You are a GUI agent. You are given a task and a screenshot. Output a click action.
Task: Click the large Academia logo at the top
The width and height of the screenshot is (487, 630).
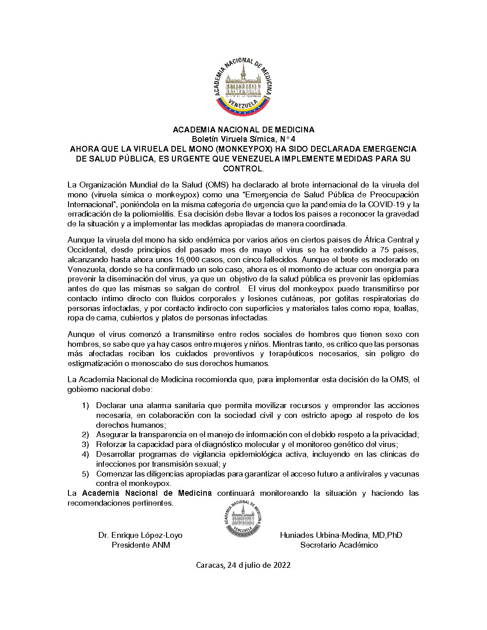(243, 87)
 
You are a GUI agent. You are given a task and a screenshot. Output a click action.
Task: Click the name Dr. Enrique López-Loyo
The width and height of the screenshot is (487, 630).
(140, 535)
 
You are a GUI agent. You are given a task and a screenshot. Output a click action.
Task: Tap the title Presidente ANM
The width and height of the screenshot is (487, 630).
(141, 545)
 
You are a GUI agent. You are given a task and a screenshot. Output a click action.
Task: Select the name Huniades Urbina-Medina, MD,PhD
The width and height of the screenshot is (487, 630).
(341, 535)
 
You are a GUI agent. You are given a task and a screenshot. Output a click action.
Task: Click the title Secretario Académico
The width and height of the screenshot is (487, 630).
(339, 545)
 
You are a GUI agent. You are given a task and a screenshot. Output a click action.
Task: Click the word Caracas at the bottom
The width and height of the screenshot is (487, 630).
(210, 565)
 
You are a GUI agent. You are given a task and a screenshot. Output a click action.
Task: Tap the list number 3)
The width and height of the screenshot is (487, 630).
(85, 444)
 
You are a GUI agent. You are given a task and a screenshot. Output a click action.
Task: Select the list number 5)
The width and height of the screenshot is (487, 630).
(85, 474)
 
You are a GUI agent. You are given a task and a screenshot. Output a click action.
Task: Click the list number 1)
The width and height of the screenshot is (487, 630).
(85, 405)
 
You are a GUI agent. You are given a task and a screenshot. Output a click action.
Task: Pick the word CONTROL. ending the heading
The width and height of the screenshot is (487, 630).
(243, 169)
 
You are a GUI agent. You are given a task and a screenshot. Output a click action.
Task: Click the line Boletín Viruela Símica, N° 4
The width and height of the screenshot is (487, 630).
(243, 139)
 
